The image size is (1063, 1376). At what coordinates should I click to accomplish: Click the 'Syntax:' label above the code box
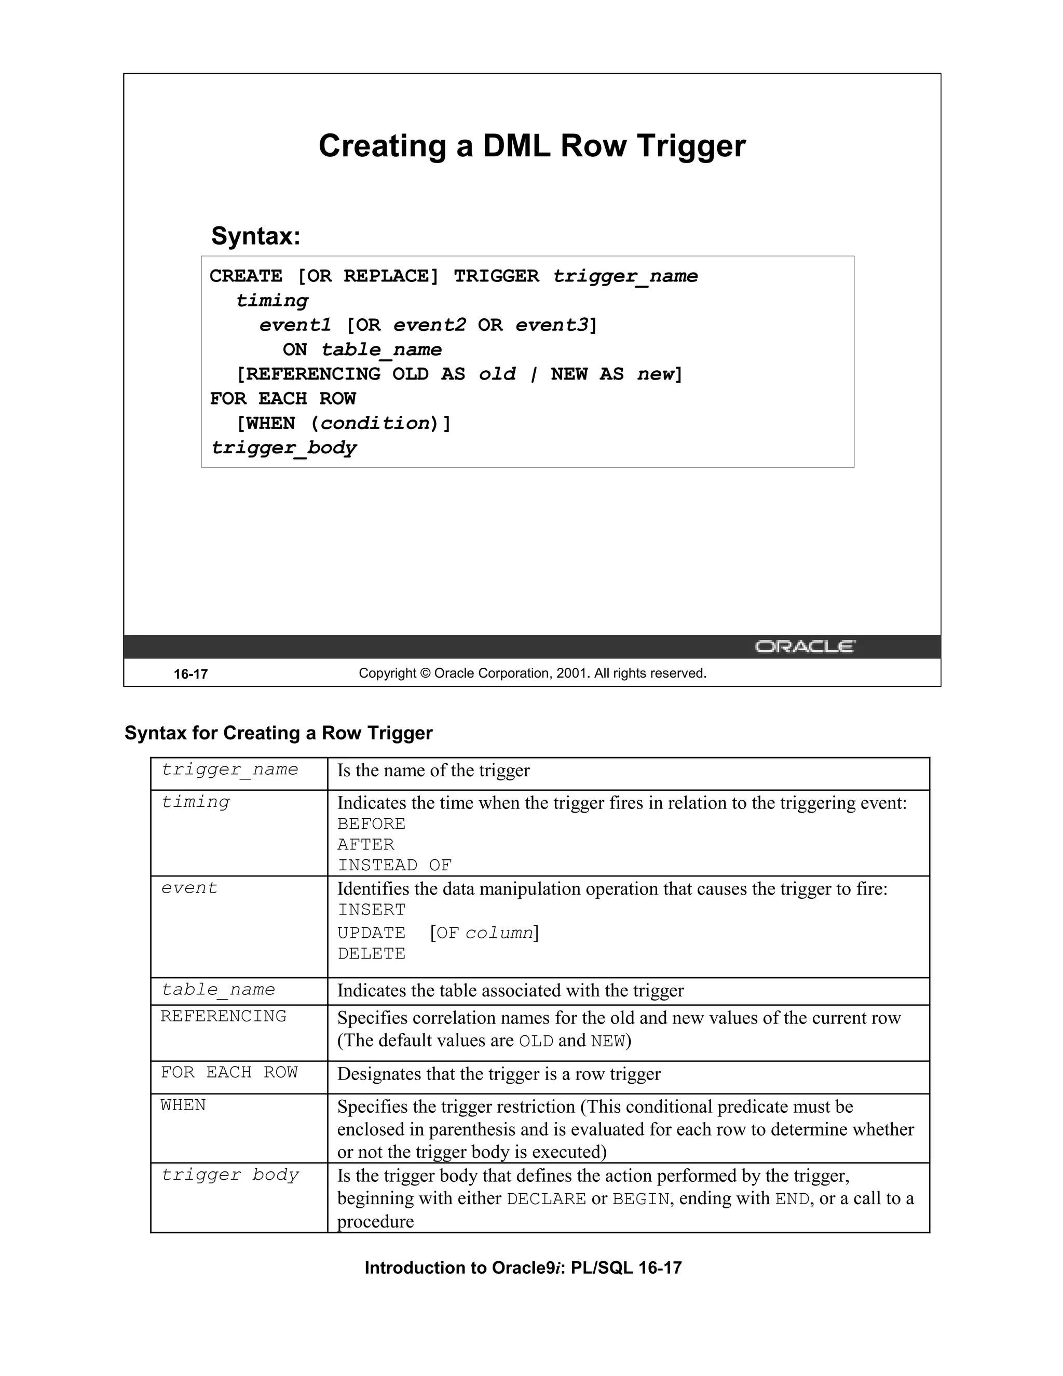(256, 236)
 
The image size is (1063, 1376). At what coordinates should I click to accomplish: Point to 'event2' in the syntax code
(429, 325)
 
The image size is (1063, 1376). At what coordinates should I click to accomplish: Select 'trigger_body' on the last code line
(284, 448)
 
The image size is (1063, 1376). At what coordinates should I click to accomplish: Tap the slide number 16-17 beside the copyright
(191, 674)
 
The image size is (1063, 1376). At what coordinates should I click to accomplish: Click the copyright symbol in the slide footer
(425, 673)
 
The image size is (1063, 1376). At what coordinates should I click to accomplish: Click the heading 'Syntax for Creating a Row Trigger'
(278, 733)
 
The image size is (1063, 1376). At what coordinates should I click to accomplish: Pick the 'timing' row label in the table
(196, 802)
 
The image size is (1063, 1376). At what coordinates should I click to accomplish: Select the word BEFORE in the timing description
(372, 824)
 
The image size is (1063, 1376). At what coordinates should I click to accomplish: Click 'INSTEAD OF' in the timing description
(395, 866)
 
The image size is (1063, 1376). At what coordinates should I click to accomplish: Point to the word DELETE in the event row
(372, 954)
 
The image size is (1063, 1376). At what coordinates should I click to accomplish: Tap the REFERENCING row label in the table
(224, 1016)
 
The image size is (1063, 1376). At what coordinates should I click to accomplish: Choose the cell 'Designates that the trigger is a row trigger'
(499, 1074)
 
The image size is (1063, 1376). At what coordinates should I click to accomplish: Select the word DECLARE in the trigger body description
(546, 1199)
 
